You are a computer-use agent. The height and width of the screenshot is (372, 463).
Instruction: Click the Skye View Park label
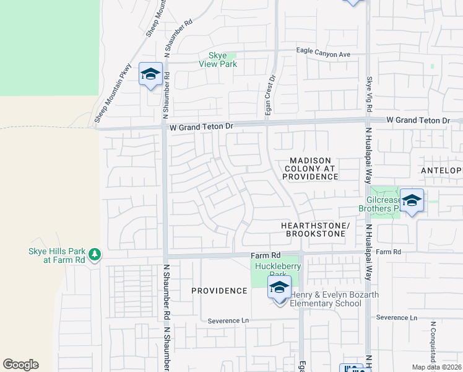pyautogui.click(x=218, y=60)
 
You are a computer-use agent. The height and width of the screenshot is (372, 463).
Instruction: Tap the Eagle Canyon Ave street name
pyautogui.click(x=323, y=54)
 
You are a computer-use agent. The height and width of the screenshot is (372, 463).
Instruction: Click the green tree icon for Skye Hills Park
pyautogui.click(x=94, y=254)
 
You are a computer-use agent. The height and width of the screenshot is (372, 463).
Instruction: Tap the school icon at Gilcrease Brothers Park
pyautogui.click(x=412, y=201)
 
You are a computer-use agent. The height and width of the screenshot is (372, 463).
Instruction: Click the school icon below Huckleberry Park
pyautogui.click(x=280, y=288)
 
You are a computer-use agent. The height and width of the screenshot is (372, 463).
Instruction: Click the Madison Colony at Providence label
pyautogui.click(x=311, y=169)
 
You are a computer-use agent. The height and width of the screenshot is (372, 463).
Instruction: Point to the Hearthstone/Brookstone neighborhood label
pyautogui.click(x=315, y=229)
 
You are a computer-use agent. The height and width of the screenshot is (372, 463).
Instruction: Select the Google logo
pyautogui.click(x=20, y=365)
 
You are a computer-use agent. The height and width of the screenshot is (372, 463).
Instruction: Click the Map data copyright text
pyautogui.click(x=436, y=366)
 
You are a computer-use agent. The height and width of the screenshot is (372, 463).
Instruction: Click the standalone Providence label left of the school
pyautogui.click(x=219, y=291)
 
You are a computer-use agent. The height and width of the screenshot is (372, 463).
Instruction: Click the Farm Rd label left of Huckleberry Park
pyautogui.click(x=266, y=255)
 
